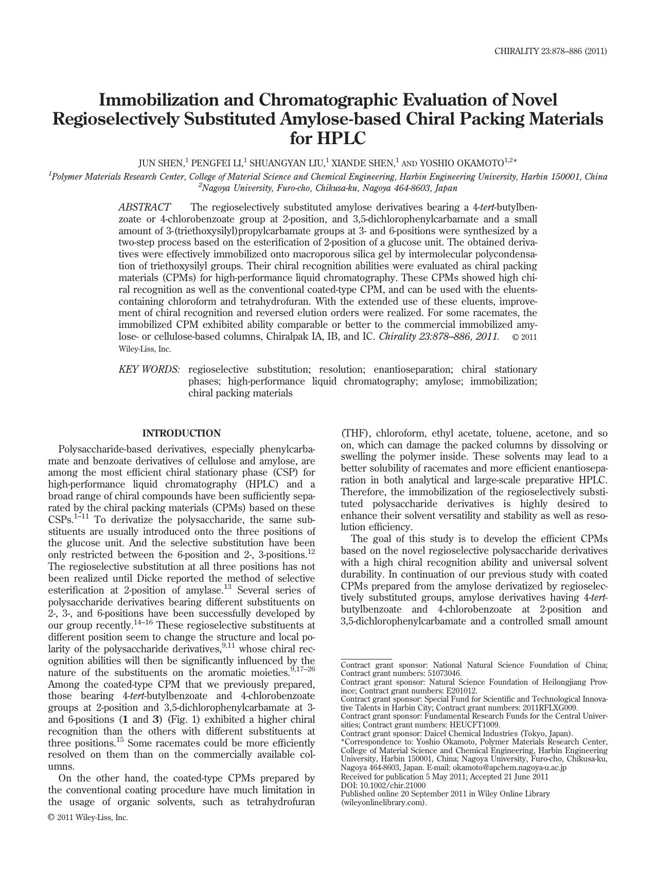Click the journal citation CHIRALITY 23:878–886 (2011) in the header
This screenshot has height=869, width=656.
pos(551,51)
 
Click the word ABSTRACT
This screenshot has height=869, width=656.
pos(145,207)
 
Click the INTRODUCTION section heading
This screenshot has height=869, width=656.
pos(181,433)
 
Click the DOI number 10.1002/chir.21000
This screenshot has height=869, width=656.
pos(393,785)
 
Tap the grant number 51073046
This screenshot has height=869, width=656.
pos(445,673)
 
